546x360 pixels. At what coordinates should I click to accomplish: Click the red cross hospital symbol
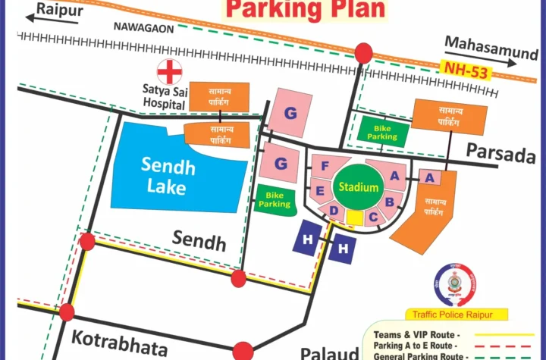pyautogui.click(x=169, y=72)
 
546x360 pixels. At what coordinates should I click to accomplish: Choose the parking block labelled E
pyautogui.click(x=320, y=191)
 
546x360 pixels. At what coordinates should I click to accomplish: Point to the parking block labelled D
pyautogui.click(x=333, y=211)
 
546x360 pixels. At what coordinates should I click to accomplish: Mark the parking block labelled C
pyautogui.click(x=372, y=217)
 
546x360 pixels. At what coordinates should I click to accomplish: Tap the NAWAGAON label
pyautogui.click(x=143, y=27)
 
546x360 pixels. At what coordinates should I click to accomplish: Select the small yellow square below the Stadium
pyautogui.click(x=354, y=218)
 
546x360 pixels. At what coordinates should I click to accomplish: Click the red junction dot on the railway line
pyautogui.click(x=364, y=53)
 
